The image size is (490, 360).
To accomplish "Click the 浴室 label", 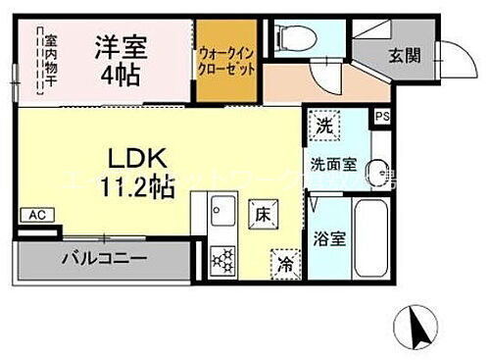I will [326, 236].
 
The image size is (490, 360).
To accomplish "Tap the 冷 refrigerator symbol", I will [285, 262].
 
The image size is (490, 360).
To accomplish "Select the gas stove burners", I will [221, 260].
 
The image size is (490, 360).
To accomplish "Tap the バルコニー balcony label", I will [105, 261].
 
